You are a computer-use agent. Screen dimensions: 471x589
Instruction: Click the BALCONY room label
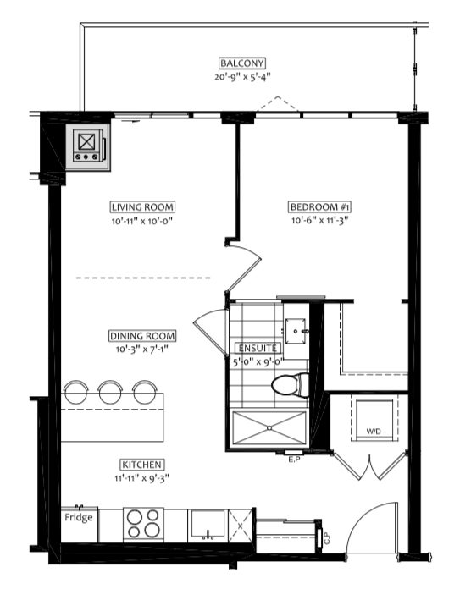tap(242, 63)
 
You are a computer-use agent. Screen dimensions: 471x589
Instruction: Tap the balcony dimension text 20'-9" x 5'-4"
tap(242, 77)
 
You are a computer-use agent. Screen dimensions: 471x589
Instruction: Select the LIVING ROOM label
tap(142, 207)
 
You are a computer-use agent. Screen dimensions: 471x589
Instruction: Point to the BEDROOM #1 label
tap(321, 207)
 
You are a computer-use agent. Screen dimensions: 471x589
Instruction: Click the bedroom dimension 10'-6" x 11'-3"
tap(320, 220)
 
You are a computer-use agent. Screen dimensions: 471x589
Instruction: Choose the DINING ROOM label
tap(142, 335)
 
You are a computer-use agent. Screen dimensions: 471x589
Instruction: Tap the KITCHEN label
tap(141, 465)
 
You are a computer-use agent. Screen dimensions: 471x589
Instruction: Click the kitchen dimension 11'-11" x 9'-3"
tap(141, 478)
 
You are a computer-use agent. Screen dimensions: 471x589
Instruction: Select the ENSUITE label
tap(258, 348)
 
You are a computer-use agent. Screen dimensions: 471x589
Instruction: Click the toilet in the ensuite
tap(291, 385)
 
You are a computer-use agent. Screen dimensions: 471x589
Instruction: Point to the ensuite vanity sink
tap(296, 332)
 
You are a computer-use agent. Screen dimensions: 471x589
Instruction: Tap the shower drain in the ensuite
tap(269, 428)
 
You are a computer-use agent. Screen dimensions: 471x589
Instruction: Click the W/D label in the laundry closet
tap(374, 432)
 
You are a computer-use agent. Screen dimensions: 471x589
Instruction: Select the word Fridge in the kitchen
tap(79, 518)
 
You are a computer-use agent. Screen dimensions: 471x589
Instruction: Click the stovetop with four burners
tap(143, 524)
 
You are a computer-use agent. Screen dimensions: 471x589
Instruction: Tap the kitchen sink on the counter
tap(208, 524)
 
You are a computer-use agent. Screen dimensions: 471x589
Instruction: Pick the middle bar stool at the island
tap(110, 392)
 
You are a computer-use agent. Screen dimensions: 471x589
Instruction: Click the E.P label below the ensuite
tap(294, 459)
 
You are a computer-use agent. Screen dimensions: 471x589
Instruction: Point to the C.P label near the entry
tap(327, 539)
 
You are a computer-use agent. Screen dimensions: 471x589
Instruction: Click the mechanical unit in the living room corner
tap(88, 146)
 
